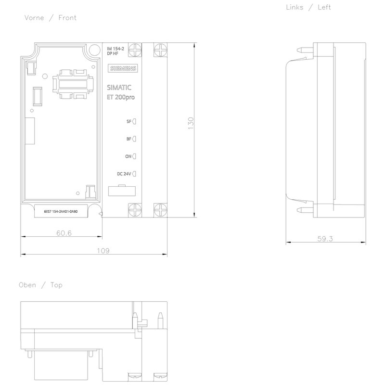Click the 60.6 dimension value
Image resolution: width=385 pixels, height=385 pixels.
[x=64, y=233]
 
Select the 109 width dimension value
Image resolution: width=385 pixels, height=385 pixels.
[x=103, y=251]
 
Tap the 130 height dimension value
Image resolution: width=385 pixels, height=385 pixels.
[x=191, y=123]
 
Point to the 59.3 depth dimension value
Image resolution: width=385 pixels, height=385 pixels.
[x=325, y=239]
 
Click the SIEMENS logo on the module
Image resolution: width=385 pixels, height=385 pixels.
[x=123, y=68]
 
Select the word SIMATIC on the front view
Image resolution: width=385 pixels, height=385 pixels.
[x=119, y=88]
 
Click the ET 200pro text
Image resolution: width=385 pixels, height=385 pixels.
[x=121, y=97]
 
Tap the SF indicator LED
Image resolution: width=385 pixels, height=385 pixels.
[x=134, y=121]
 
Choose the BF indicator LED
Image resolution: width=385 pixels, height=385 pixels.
[x=134, y=139]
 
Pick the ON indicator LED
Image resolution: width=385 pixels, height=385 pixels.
[x=134, y=156]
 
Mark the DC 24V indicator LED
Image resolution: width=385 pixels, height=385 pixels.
[x=134, y=174]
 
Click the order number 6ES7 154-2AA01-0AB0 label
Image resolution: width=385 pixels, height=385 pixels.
[x=61, y=211]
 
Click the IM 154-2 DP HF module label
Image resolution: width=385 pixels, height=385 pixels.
[x=115, y=51]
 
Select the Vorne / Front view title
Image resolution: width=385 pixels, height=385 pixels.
[x=51, y=18]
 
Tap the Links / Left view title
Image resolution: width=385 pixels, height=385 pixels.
[x=308, y=7]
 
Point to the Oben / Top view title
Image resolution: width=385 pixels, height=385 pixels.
[x=41, y=285]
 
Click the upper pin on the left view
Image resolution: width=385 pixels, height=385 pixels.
[x=305, y=51]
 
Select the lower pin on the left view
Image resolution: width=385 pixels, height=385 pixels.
[x=305, y=210]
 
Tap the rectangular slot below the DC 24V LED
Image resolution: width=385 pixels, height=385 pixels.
[x=122, y=191]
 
